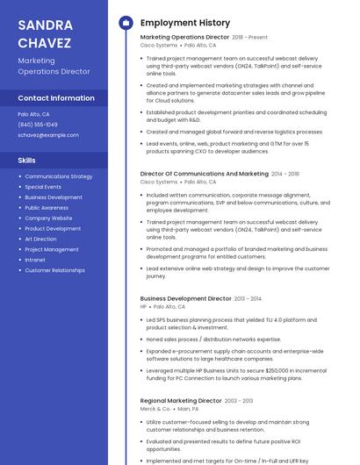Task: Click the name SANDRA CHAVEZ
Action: pos(47,32)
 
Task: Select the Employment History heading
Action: pos(184,23)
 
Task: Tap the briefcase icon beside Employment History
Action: pos(125,23)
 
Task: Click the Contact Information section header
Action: pos(56,97)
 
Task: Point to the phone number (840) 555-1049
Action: pos(38,125)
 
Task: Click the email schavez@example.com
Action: pos(48,135)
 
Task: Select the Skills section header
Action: pos(26,161)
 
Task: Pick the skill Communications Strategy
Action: pos(58,176)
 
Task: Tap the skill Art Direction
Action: pos(40,239)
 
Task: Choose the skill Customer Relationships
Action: pos(54,270)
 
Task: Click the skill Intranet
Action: pos(35,260)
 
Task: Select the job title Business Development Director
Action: pos(185,298)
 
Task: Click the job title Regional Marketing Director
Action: pos(181,400)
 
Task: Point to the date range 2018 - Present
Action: pos(250,38)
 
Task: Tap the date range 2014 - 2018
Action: pos(285,174)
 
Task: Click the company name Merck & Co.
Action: pos(155,409)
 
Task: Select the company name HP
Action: pos(144,307)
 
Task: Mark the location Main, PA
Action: pos(188,409)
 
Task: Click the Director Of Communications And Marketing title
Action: pos(205,174)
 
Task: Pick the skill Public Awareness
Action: pos(47,208)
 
